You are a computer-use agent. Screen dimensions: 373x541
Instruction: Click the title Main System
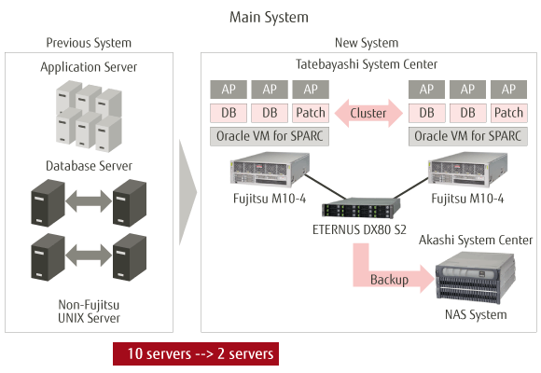click(x=269, y=17)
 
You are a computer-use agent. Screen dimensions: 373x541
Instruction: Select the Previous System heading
click(x=89, y=43)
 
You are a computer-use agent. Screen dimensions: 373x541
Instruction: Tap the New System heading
click(x=366, y=43)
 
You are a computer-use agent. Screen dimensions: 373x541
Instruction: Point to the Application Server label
click(x=89, y=67)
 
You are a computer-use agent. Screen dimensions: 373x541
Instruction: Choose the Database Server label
click(x=89, y=166)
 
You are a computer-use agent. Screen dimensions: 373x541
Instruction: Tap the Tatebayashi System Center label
click(x=366, y=63)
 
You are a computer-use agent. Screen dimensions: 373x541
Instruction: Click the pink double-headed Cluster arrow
click(x=368, y=113)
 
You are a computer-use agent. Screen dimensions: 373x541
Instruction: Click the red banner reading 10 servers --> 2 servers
click(x=195, y=354)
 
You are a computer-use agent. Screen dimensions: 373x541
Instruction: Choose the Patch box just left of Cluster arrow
click(x=310, y=113)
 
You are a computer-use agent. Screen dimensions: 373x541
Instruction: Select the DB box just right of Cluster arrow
click(x=426, y=113)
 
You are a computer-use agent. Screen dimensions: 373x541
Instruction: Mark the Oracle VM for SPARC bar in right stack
click(x=467, y=135)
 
